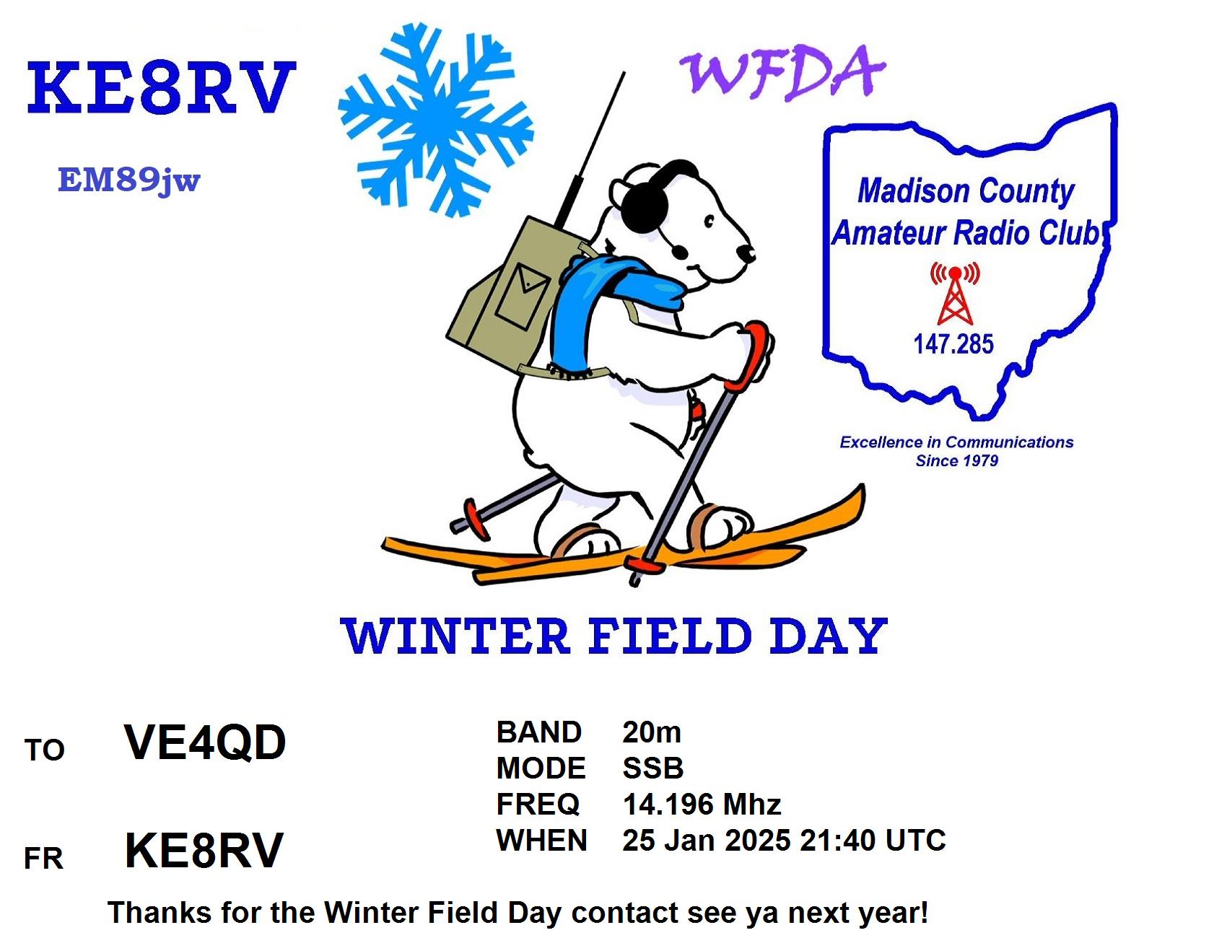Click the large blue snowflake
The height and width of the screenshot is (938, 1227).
(436, 119)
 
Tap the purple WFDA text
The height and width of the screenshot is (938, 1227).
(783, 72)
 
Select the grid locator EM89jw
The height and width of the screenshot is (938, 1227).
(129, 180)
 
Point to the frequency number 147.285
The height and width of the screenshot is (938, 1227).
(953, 344)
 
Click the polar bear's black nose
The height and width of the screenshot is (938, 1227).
(746, 253)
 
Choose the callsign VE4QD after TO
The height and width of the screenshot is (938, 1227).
(205, 742)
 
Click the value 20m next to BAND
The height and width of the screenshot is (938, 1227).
(652, 732)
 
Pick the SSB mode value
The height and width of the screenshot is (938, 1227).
(653, 768)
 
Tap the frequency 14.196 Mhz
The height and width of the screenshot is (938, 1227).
(702, 805)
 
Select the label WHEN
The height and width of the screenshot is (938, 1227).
(541, 841)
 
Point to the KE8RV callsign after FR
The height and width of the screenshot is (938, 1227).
(204, 851)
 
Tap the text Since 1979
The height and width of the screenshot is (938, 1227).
(956, 461)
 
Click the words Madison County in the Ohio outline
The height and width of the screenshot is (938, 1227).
(966, 191)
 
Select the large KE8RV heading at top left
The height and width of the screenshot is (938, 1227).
(161, 88)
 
